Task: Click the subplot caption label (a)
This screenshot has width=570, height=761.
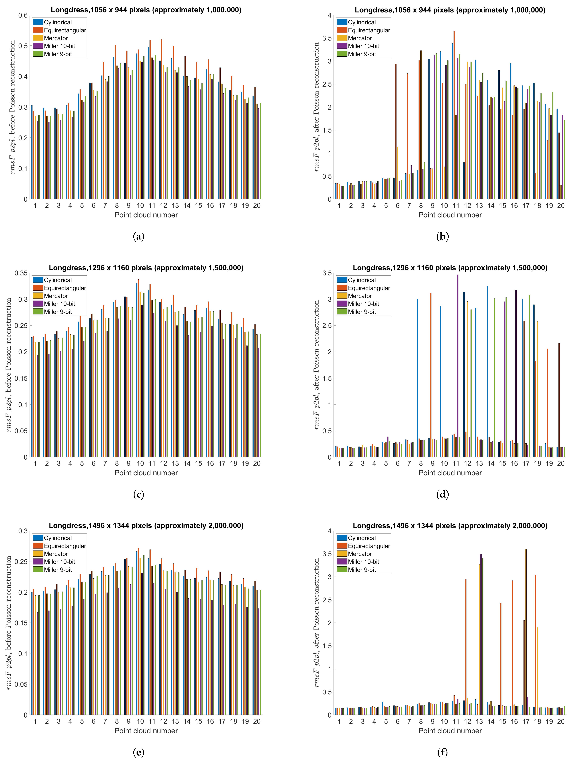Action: (138, 236)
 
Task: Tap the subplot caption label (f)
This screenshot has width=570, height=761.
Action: (442, 752)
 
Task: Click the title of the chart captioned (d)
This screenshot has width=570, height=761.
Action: (450, 268)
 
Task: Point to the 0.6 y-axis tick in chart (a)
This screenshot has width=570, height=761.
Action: (23, 15)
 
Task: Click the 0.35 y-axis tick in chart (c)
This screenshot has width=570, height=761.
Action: (21, 273)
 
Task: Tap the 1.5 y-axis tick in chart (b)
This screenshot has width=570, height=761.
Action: (326, 130)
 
